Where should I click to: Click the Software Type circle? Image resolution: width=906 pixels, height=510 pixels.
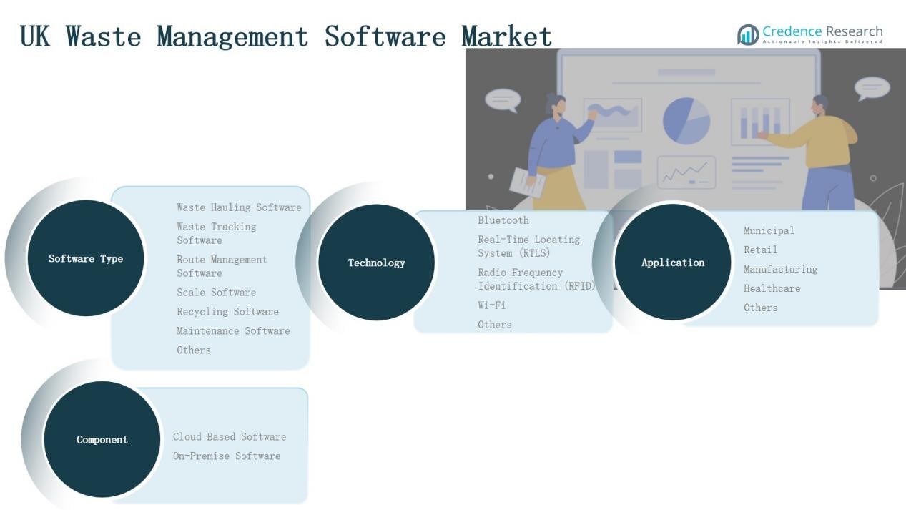85,258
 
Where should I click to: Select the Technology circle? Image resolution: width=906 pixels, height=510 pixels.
376,263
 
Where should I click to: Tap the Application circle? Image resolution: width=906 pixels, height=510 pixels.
672,263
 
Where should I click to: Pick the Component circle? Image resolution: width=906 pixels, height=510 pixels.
102,439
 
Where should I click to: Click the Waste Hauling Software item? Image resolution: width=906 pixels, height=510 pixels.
239,207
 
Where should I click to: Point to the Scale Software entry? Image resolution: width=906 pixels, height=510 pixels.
216,293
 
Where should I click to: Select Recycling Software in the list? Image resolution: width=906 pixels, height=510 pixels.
227,312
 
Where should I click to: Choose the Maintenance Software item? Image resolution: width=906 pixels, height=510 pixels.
233,331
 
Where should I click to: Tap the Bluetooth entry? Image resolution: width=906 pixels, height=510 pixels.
503,220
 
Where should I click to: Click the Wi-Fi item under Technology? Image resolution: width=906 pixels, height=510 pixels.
492,305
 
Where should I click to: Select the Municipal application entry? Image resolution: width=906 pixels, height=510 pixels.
769,230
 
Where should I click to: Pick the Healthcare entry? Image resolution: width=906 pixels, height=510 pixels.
772,288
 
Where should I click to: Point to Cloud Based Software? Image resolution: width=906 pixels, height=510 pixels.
229,437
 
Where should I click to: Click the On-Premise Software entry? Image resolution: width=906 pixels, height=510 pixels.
226,456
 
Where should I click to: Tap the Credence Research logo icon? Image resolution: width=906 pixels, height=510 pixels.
748,34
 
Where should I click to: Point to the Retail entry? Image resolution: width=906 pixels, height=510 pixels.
760,250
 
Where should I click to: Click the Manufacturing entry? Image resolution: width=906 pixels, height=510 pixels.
780,269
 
